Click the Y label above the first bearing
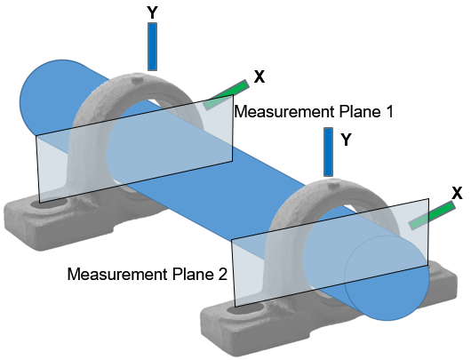click(152, 12)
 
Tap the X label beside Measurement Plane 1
click(259, 76)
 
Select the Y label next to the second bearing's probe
click(346, 140)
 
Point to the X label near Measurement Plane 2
click(457, 193)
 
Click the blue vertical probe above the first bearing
click(152, 46)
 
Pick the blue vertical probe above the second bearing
click(328, 152)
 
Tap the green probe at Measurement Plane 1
click(227, 94)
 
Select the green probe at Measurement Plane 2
click(432, 215)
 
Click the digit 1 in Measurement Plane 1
click(389, 112)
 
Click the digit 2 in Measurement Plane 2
click(222, 274)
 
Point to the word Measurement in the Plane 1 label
click(284, 112)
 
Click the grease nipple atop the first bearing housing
click(138, 80)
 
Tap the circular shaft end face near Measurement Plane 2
click(387, 278)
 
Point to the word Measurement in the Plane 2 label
click(117, 274)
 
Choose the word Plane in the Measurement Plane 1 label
click(360, 112)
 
